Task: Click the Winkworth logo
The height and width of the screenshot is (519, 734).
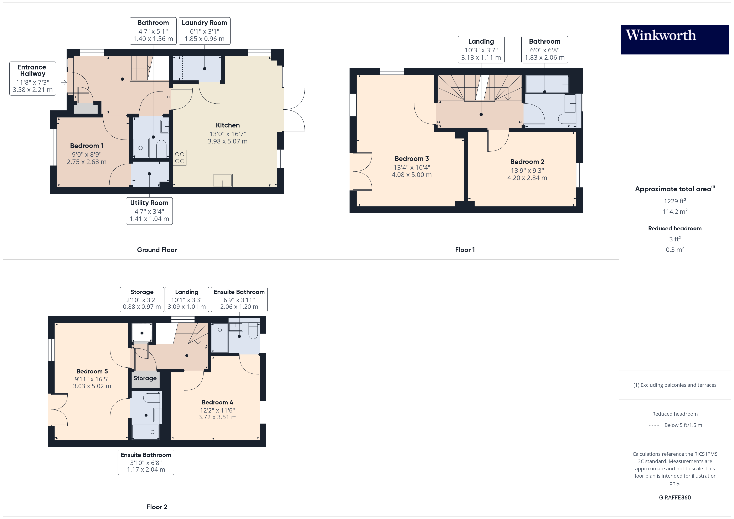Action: pyautogui.click(x=674, y=39)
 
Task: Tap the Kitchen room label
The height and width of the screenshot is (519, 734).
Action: pyautogui.click(x=228, y=125)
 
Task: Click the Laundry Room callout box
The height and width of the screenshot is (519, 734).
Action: pyautogui.click(x=205, y=31)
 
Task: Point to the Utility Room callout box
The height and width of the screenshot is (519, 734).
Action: pyautogui.click(x=149, y=211)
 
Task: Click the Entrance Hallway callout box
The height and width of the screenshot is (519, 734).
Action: pyautogui.click(x=33, y=79)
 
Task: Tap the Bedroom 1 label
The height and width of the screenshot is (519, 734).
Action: pyautogui.click(x=87, y=146)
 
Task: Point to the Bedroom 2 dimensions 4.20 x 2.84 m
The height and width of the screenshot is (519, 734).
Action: pyautogui.click(x=527, y=178)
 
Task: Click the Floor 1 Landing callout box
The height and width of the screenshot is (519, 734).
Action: pyautogui.click(x=481, y=49)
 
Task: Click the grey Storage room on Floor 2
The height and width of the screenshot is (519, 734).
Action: pyautogui.click(x=145, y=379)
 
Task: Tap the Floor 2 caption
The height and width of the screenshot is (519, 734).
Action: pyautogui.click(x=157, y=507)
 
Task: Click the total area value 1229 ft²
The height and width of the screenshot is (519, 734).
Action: pyautogui.click(x=675, y=201)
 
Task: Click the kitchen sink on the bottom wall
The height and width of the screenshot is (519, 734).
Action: pyautogui.click(x=223, y=180)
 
